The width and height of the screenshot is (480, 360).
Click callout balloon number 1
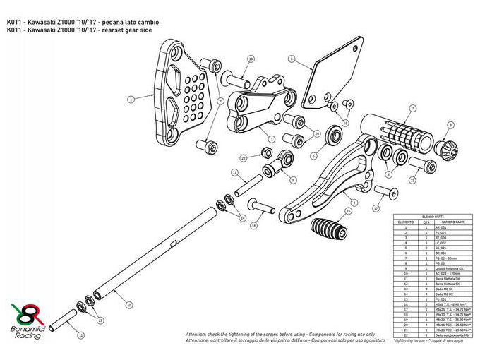[131, 100]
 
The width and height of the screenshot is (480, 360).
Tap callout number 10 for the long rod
[128, 305]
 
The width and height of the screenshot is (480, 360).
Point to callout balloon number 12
[80, 335]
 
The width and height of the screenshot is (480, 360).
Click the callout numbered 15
[348, 212]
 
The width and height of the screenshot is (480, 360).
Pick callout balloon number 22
[243, 158]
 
